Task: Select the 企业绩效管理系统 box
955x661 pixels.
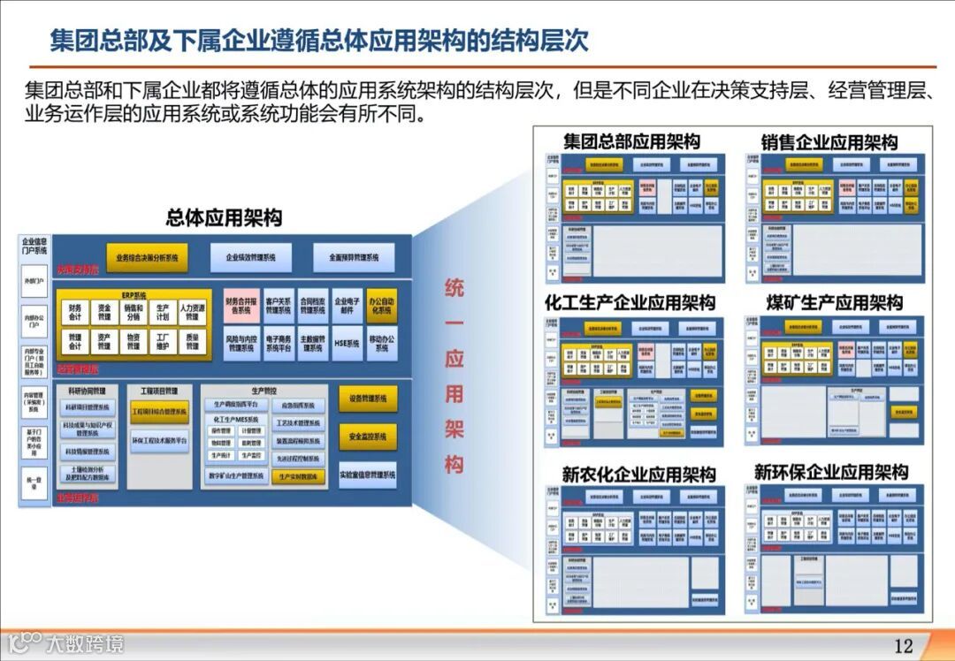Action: [x=251, y=258]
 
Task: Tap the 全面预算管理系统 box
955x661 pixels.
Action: [x=354, y=258]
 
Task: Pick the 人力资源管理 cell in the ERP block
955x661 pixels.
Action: [x=193, y=311]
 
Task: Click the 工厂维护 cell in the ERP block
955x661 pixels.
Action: [x=162, y=342]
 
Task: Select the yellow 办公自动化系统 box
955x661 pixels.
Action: [x=381, y=306]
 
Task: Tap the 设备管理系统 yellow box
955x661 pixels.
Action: [x=367, y=399]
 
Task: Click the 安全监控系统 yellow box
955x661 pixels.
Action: [x=367, y=437]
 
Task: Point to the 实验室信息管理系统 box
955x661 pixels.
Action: [x=367, y=475]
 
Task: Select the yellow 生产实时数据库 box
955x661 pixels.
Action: [x=297, y=476]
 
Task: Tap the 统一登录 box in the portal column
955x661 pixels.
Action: [x=34, y=482]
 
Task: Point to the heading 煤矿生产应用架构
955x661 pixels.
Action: [x=835, y=303]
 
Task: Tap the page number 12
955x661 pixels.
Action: [x=903, y=646]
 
